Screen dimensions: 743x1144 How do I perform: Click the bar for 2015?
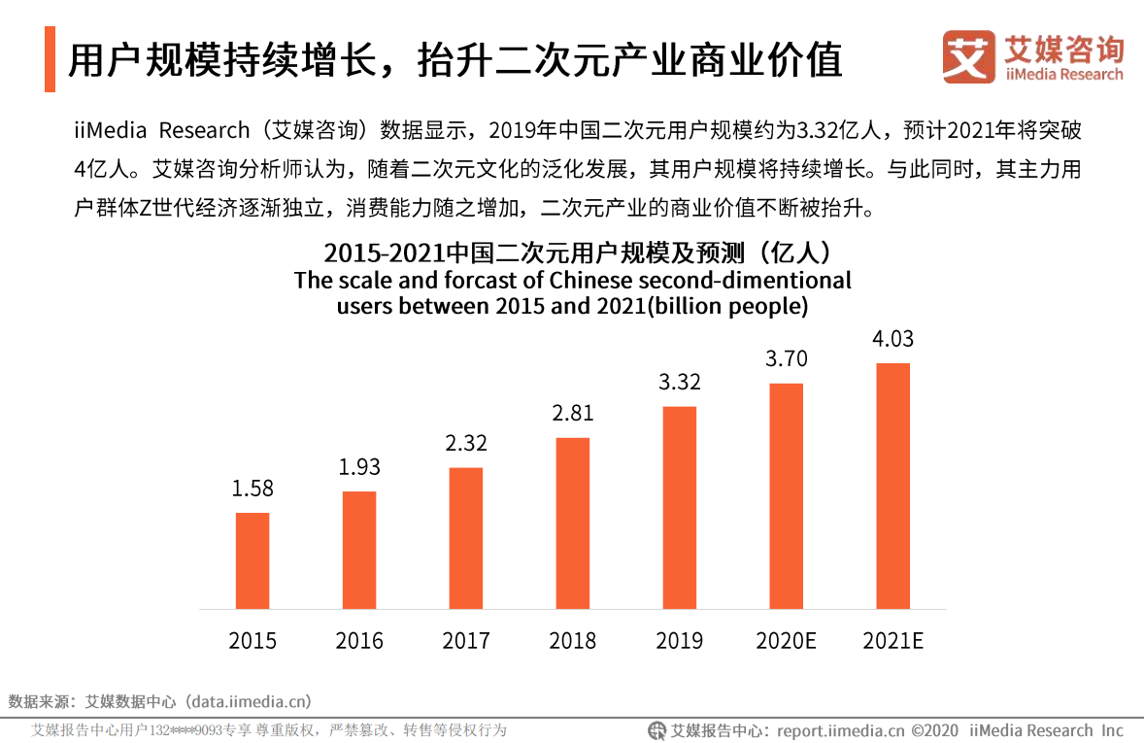pos(252,560)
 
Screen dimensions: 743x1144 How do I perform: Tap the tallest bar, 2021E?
pos(893,486)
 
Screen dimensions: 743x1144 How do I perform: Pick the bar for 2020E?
pos(787,495)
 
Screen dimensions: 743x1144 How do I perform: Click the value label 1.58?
pos(252,489)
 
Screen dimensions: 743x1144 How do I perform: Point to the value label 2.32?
pos(466,443)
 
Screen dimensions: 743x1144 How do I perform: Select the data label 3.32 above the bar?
pos(680,382)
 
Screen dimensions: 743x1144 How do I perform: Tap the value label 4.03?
pos(893,339)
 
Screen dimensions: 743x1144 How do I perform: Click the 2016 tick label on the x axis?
pos(359,641)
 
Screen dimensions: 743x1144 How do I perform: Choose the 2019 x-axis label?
pos(680,641)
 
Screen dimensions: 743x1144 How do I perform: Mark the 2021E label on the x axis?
pos(893,641)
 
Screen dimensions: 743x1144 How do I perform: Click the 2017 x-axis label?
pos(466,641)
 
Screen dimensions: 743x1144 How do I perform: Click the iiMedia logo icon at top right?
pos(969,56)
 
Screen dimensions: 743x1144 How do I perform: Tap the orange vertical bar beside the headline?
pos(50,60)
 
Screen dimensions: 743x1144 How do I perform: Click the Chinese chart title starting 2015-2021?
pos(579,254)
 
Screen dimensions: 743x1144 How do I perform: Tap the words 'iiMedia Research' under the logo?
pos(1064,74)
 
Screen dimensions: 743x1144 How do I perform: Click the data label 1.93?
pos(359,467)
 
